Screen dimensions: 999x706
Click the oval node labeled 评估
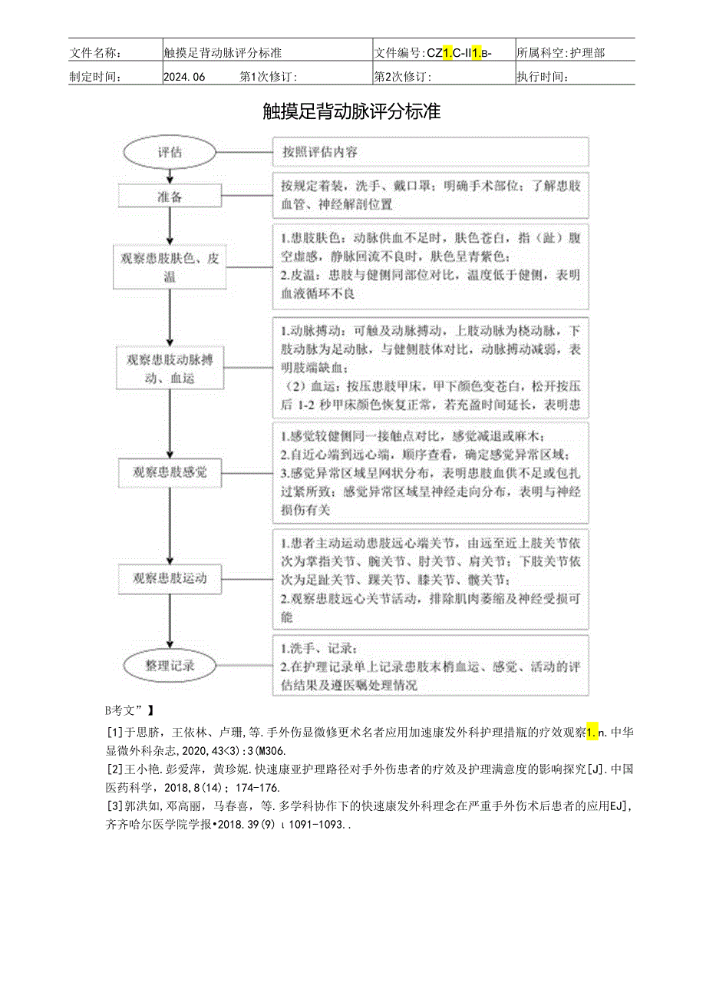tap(170, 152)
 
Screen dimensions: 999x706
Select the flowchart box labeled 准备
tap(170, 197)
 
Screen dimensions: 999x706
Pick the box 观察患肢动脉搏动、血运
tap(170, 368)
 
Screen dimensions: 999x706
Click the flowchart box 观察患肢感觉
tap(170, 471)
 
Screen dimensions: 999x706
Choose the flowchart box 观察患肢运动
tap(170, 577)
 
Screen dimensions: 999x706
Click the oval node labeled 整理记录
tap(170, 665)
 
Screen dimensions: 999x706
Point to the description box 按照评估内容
tap(431, 152)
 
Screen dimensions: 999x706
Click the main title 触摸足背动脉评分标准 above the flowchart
tap(352, 111)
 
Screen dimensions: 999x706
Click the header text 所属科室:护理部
tap(560, 53)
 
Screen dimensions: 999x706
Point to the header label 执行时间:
tap(543, 76)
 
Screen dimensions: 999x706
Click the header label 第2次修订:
tap(402, 76)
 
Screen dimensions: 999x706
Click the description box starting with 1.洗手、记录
tap(431, 665)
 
